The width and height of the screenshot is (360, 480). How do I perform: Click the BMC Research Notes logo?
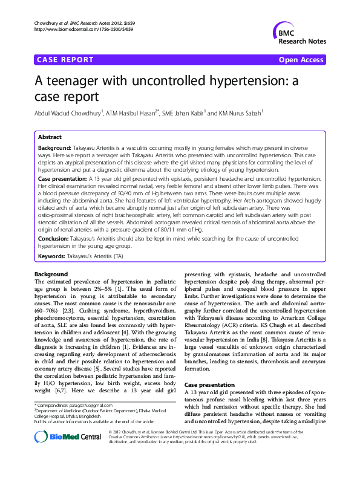click(298, 34)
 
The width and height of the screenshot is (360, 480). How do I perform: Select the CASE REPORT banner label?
click(65, 60)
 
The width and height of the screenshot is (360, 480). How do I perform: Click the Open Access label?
click(302, 60)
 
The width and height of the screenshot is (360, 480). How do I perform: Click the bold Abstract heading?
click(50, 137)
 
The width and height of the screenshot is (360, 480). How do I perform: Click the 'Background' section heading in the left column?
click(51, 274)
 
